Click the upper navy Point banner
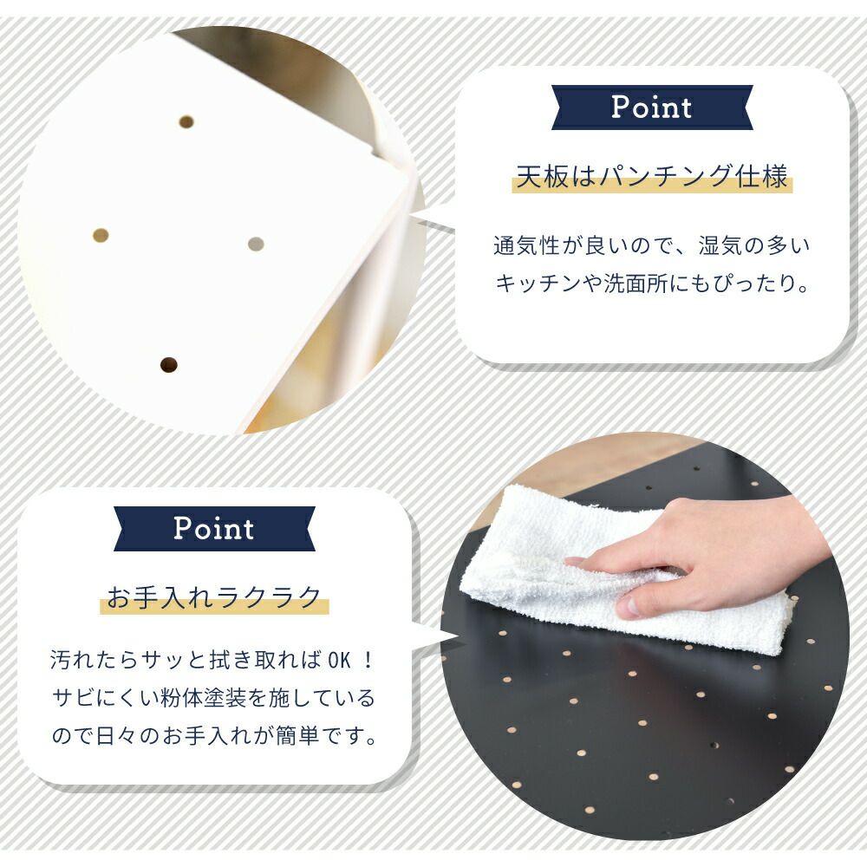tap(652, 108)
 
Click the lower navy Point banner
tap(214, 529)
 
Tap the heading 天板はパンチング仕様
tap(652, 176)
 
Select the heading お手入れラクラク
tap(214, 597)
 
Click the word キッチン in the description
tap(531, 284)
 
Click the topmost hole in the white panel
tap(186, 121)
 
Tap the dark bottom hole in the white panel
tap(169, 365)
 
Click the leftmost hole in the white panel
tap(101, 236)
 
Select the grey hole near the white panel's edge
tap(256, 244)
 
